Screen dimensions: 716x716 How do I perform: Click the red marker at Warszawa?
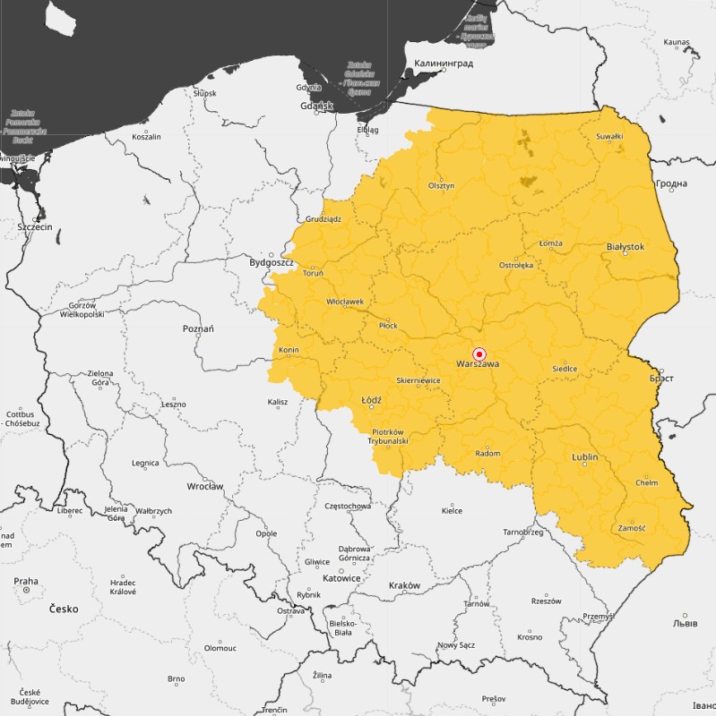(x=479, y=354)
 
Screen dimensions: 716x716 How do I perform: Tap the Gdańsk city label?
(x=317, y=106)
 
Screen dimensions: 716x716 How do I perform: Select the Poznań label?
(x=198, y=328)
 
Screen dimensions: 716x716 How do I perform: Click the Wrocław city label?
(x=205, y=486)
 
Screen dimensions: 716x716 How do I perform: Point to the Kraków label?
(x=404, y=585)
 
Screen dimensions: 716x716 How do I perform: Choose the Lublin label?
(x=584, y=457)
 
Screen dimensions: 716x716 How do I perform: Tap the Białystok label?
(x=625, y=246)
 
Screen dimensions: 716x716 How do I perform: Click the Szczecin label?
(x=36, y=227)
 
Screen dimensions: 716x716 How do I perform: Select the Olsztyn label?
(x=441, y=185)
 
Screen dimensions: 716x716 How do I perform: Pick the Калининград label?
(x=443, y=64)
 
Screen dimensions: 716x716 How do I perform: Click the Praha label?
(x=26, y=581)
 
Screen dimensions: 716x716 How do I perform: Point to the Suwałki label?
(x=609, y=136)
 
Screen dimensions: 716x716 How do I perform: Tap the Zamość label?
(x=632, y=528)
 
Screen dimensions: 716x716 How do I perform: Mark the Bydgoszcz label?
(x=272, y=262)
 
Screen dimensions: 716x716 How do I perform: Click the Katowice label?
(x=341, y=578)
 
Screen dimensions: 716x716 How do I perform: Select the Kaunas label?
(x=677, y=42)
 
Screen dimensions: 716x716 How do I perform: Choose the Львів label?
(x=686, y=623)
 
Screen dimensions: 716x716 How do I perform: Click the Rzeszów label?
(x=545, y=601)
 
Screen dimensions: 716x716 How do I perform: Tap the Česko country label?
(x=64, y=609)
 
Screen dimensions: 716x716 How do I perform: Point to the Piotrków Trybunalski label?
(x=390, y=436)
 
